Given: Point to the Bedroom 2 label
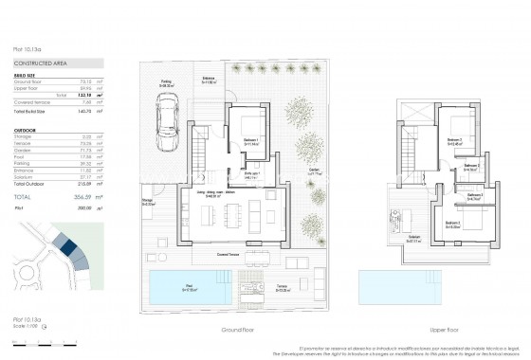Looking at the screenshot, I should point(455,141).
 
